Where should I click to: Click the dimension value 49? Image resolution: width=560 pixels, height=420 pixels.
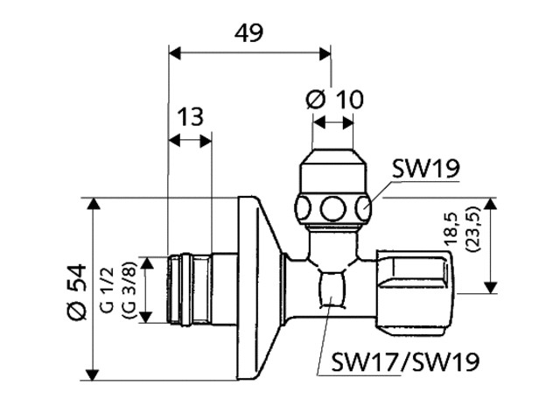pyautogui.click(x=248, y=32)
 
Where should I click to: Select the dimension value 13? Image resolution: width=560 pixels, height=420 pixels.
pyautogui.click(x=191, y=116)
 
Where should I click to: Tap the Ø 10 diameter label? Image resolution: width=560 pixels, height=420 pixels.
pyautogui.click(x=334, y=99)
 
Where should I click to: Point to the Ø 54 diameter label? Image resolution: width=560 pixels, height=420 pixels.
pyautogui.click(x=78, y=291)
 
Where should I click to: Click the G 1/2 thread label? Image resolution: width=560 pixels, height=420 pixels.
pyautogui.click(x=108, y=290)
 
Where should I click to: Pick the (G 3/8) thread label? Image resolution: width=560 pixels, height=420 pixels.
pyautogui.click(x=129, y=290)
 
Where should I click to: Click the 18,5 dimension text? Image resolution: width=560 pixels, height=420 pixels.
pyautogui.click(x=451, y=228)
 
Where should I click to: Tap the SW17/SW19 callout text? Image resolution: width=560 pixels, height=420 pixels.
pyautogui.click(x=405, y=361)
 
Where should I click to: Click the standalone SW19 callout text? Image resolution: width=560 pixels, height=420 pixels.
pyautogui.click(x=426, y=168)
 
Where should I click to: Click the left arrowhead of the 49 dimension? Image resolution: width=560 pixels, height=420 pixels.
pyautogui.click(x=175, y=54)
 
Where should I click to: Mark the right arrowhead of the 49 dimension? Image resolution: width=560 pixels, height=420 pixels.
pyautogui.click(x=325, y=54)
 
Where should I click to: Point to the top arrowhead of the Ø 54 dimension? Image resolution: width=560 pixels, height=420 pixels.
pyautogui.click(x=94, y=204)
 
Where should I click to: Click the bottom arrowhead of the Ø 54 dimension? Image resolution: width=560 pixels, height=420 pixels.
pyautogui.click(x=94, y=374)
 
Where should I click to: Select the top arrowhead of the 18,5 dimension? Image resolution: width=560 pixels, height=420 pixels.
pyautogui.click(x=491, y=204)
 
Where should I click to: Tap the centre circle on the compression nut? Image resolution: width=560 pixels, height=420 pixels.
pyautogui.click(x=332, y=208)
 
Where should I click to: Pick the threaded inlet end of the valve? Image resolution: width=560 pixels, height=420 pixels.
pyautogui.click(x=189, y=289)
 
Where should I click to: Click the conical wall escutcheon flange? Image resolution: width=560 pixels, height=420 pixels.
pyautogui.click(x=259, y=288)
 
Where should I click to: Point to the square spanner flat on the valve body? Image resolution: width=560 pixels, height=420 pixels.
pyautogui.click(x=332, y=289)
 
